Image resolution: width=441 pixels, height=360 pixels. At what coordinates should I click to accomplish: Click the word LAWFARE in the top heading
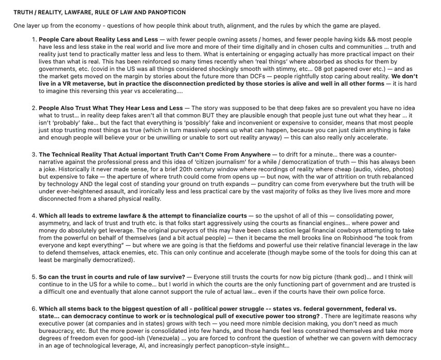[x=83, y=12]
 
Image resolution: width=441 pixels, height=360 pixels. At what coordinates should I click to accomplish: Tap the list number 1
[x=34, y=39]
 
